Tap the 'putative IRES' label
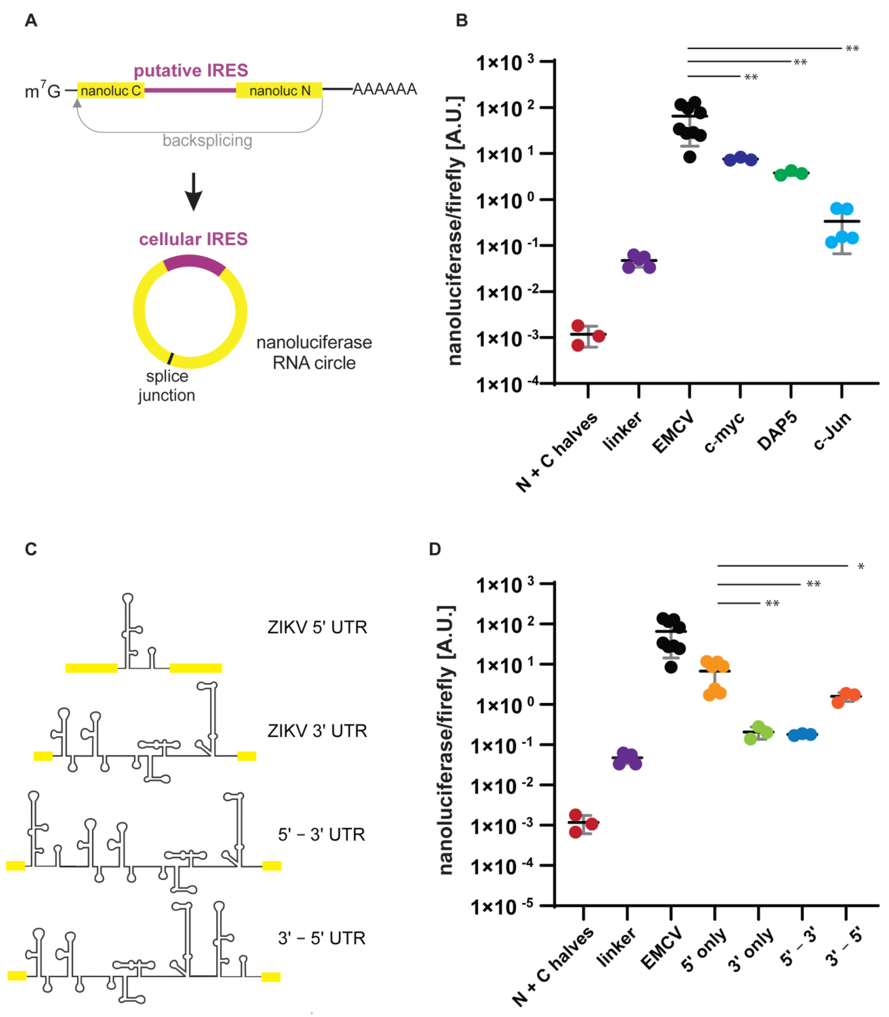[x=191, y=70]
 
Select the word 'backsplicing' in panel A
[x=207, y=141]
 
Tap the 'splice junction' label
[x=167, y=386]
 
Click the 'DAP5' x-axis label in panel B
[x=777, y=430]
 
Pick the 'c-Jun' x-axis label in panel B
[x=832, y=430]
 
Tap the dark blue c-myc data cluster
[x=740, y=159]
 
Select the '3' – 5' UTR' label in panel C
[x=321, y=938]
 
